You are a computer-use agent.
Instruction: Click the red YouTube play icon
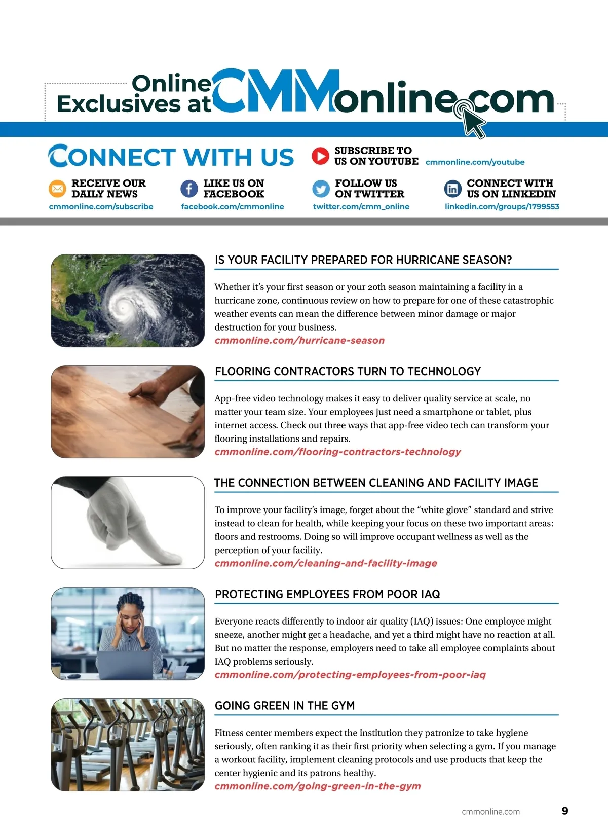point(320,156)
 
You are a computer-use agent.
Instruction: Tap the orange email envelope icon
point(57,189)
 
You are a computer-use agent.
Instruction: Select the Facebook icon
point(189,189)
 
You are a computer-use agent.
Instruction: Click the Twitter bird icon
point(321,189)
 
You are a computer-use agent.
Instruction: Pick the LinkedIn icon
point(452,189)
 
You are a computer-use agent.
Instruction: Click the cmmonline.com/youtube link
point(475,162)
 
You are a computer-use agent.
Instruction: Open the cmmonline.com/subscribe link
point(101,207)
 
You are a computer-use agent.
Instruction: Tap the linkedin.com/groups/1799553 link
point(502,207)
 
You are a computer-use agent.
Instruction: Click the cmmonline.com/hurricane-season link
point(299,341)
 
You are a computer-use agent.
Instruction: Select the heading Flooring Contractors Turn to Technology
point(348,372)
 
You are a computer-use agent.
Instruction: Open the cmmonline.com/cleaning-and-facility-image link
point(326,563)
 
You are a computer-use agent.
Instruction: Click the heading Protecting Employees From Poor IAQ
point(327,594)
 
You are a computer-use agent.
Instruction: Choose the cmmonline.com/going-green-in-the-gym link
point(318,786)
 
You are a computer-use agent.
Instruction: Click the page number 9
point(565,811)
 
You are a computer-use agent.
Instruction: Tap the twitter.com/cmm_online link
point(361,207)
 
